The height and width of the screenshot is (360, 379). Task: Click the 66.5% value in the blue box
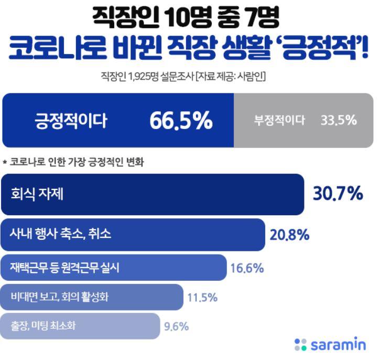(x=181, y=121)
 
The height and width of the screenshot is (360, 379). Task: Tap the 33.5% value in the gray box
(x=339, y=121)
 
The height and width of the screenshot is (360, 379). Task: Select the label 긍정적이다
(x=71, y=121)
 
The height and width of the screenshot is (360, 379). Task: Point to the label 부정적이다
(x=279, y=121)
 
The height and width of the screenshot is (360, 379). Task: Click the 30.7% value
(x=338, y=194)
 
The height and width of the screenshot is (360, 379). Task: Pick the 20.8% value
(x=289, y=235)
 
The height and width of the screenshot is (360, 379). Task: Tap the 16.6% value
(x=247, y=269)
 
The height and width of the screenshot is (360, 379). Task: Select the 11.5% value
(x=202, y=298)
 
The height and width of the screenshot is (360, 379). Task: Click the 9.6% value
(x=177, y=326)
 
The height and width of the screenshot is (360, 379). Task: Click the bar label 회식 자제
(x=37, y=194)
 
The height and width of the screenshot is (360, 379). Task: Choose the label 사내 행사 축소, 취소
(x=60, y=234)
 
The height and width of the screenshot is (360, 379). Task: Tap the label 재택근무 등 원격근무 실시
(x=64, y=268)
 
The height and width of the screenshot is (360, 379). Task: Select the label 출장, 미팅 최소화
(x=43, y=326)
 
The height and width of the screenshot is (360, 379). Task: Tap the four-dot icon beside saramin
(x=301, y=345)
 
